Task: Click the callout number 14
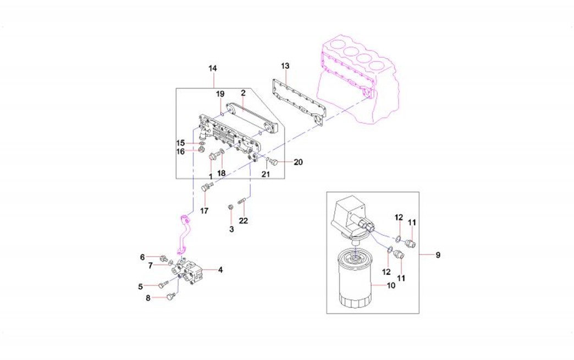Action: (x=213, y=68)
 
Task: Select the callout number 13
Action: (x=285, y=66)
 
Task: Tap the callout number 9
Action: (x=438, y=255)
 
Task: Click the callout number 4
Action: (x=220, y=270)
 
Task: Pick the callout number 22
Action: (x=243, y=220)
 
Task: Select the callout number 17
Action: (x=204, y=211)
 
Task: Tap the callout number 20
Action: (x=298, y=162)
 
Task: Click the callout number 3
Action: (x=231, y=228)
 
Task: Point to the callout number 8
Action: (x=148, y=298)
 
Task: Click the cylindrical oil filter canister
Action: (x=355, y=280)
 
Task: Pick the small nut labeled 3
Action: (x=231, y=207)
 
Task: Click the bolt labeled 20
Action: (x=275, y=162)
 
